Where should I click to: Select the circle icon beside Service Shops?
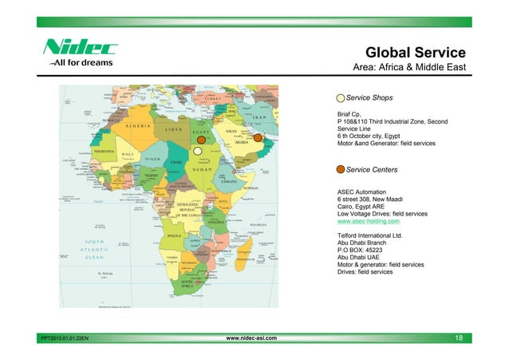pos(341,97)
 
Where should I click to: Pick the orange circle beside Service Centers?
pos(341,170)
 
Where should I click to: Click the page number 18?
pos(459,338)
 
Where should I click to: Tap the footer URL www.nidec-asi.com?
pos(252,338)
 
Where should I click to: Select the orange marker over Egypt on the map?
pos(202,137)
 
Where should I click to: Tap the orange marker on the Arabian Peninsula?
pos(258,137)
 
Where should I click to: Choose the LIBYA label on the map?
pos(171,129)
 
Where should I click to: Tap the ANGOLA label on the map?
pos(172,235)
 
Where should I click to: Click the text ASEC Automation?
pos(362,192)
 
